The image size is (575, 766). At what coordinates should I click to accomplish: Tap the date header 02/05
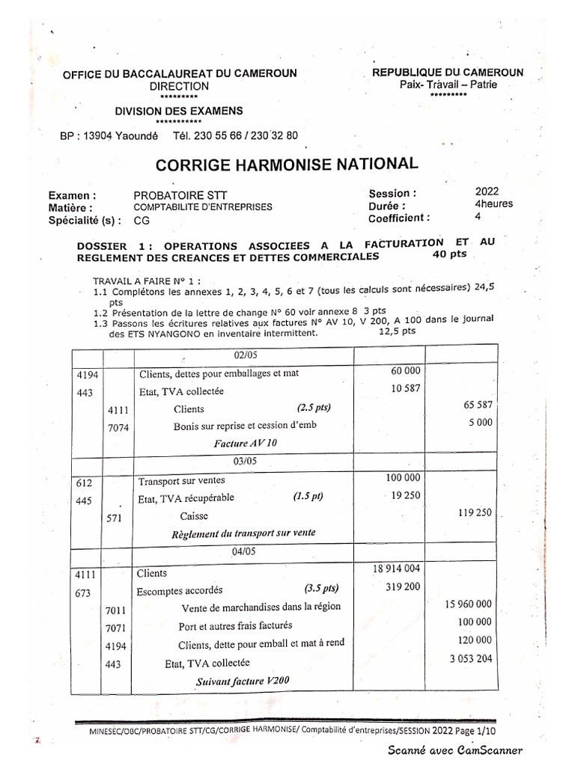(246, 355)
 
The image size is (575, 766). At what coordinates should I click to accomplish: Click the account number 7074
(119, 426)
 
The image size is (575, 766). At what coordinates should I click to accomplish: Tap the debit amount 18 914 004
(396, 569)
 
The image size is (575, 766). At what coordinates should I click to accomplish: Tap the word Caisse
(194, 516)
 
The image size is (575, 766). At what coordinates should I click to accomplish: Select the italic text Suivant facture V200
(242, 681)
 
